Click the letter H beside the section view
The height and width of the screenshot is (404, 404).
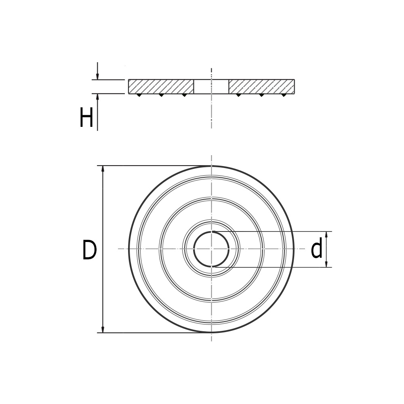pos(86,118)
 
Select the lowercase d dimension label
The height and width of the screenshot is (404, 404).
pos(317,249)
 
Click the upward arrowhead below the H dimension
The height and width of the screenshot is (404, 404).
pos(97,97)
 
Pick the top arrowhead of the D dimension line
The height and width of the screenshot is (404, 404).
pos(103,169)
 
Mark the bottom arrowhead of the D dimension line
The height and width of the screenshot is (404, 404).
pos(103,329)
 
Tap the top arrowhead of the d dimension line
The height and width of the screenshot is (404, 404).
pos(326,234)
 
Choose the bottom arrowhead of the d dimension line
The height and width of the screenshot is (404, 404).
pos(326,264)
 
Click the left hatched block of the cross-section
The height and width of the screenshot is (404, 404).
pos(161,86)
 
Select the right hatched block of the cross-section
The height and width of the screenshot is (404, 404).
pos(261,86)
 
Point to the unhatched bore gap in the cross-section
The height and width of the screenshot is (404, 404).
pos(211,86)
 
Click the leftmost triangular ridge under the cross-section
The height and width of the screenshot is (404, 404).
pos(139,95)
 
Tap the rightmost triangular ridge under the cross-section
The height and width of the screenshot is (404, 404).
pos(284,95)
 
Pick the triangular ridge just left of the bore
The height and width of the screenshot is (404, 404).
pos(184,95)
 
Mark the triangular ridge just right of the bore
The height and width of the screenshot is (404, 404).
pos(238,95)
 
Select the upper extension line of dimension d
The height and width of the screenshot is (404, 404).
pos(275,231)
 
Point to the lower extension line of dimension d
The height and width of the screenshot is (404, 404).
pos(275,267)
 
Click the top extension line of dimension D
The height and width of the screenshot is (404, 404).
pos(154,166)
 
